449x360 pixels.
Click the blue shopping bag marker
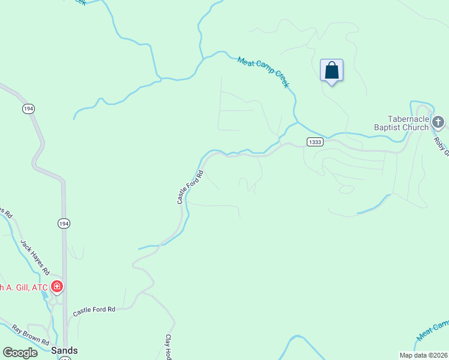click(331, 71)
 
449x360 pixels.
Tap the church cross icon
click(438, 123)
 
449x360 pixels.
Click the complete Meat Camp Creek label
click(263, 72)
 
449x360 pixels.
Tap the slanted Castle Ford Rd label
click(190, 187)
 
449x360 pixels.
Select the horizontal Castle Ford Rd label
click(94, 311)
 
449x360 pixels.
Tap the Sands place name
click(64, 350)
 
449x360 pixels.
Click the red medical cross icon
click(57, 287)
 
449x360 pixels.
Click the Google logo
click(20, 352)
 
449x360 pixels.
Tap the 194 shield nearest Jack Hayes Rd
click(64, 223)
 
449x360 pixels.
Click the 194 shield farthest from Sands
click(28, 109)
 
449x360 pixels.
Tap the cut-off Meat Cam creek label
click(432, 329)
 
